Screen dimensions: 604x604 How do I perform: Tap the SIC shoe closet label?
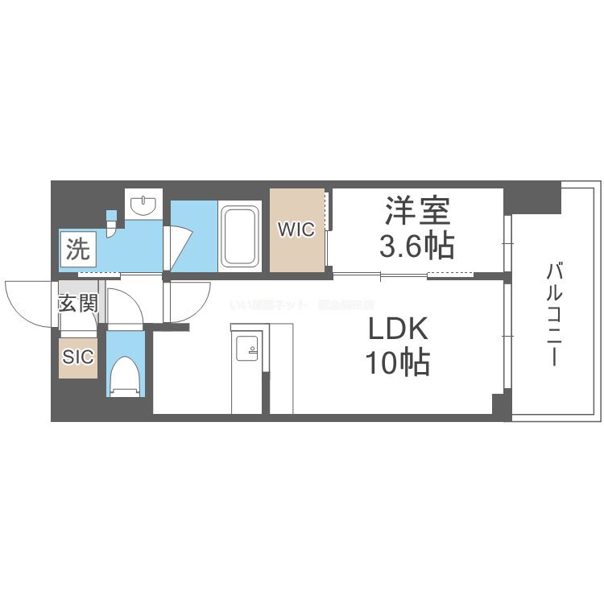pos(78,356)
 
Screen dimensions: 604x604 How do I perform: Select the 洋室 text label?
pos(417,211)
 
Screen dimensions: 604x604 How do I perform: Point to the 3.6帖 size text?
pos(417,244)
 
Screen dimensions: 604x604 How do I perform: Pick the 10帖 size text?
pos(399,364)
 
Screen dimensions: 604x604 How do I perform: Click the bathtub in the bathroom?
pos(240,235)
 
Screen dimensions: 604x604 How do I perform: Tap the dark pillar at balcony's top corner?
pos(532,197)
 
